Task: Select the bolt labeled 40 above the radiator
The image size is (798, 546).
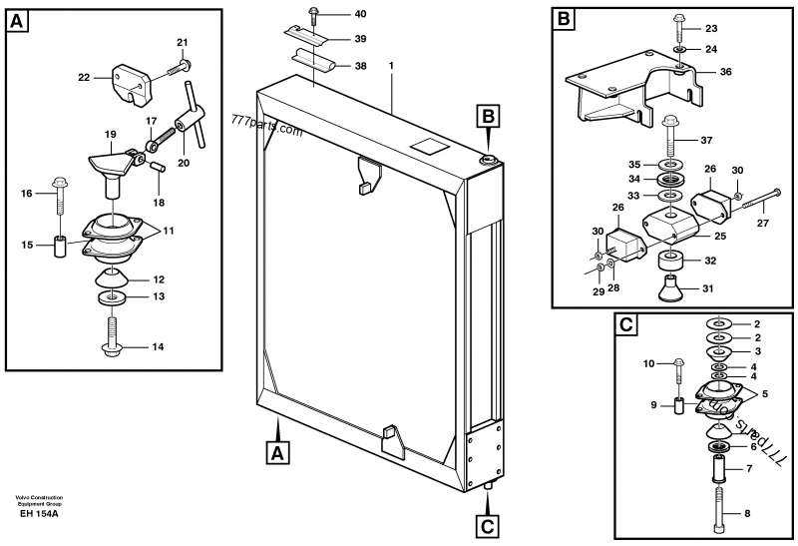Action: coord(312,16)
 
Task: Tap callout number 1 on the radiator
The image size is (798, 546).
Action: coord(391,66)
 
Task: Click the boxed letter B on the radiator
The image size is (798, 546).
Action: coord(489,117)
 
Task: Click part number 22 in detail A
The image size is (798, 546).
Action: coord(84,76)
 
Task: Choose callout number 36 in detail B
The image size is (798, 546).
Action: coord(725,71)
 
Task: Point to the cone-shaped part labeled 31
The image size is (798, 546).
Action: coord(669,290)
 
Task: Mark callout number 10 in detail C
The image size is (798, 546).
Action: coord(650,364)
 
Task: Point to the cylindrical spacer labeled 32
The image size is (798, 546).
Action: coord(670,263)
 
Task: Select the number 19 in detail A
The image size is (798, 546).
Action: coord(111,134)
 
